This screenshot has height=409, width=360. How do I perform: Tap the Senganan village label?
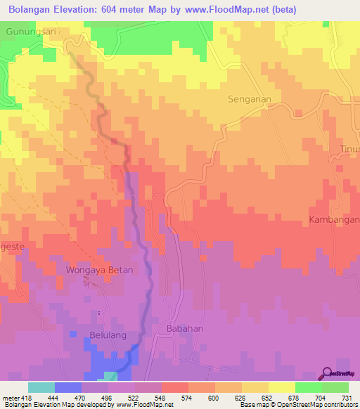250,99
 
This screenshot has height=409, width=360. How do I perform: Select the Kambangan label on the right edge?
334,220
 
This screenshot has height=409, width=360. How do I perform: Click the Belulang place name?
108,335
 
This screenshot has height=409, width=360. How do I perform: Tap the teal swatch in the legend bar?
41,387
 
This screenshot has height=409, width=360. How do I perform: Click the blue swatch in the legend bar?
68,387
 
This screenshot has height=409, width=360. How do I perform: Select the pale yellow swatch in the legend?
282,387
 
